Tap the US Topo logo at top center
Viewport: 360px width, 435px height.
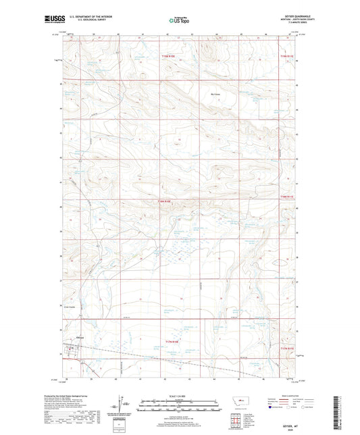pyautogui.click(x=179, y=21)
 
